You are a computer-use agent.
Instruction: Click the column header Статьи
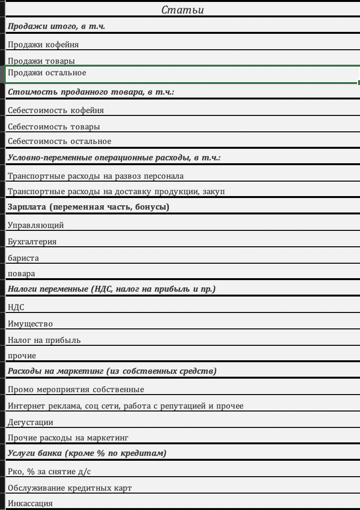click(182, 10)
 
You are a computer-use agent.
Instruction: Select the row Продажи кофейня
click(43, 45)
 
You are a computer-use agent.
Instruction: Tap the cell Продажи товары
click(42, 61)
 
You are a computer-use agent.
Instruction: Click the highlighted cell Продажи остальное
click(47, 73)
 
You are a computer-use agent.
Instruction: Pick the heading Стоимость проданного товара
click(91, 92)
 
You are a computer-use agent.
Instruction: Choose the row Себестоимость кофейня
click(56, 111)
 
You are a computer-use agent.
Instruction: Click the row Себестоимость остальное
click(60, 142)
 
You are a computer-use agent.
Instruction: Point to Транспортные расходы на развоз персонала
click(96, 176)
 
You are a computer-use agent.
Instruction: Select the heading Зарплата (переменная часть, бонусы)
click(88, 207)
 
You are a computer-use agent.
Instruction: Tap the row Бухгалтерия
click(32, 242)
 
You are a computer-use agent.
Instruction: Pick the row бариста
click(24, 258)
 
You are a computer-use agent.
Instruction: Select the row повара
click(22, 274)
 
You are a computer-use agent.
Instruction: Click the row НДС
click(16, 308)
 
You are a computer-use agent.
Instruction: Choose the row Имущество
click(30, 324)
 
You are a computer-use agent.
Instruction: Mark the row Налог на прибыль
click(44, 340)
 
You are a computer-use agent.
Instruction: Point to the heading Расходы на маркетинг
click(112, 371)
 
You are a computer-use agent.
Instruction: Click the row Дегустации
click(30, 423)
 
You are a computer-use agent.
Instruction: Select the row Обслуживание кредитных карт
click(70, 488)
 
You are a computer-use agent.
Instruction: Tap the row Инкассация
click(30, 504)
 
